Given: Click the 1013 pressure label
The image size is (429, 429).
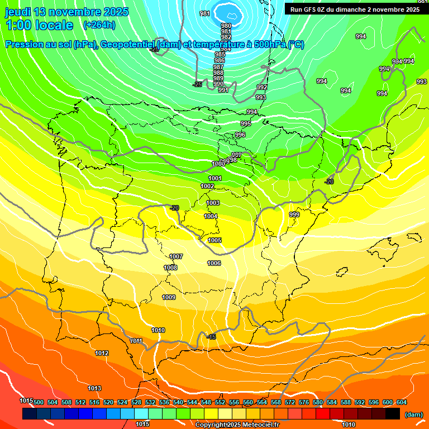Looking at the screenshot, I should (x=94, y=388).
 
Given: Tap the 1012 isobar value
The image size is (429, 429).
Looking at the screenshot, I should (x=102, y=353).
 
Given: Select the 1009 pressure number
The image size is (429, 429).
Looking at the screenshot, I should (x=169, y=297).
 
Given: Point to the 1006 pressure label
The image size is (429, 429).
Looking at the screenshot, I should (x=214, y=263).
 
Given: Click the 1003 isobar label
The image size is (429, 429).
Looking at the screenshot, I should (x=213, y=203).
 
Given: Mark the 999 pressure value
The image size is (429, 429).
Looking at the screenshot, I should (x=294, y=214).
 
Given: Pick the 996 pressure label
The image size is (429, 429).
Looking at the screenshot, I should (x=240, y=135).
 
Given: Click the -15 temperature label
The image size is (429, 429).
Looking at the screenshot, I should (x=211, y=337).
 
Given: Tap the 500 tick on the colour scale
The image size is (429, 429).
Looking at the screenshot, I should (x=39, y=402).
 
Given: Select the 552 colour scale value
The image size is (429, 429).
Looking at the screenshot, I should (x=220, y=402).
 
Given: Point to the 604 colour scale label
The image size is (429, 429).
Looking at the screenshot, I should (x=402, y=402).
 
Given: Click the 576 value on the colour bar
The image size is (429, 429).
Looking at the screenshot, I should (x=304, y=402).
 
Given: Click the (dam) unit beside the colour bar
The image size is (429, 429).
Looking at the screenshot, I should (x=413, y=414).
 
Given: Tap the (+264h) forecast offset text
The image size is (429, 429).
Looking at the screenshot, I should (x=99, y=25).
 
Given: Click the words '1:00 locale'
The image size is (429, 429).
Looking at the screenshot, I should (x=39, y=25).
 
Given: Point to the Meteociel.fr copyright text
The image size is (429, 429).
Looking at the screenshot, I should (x=237, y=425).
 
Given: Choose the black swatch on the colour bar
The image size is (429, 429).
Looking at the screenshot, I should (x=393, y=413).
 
